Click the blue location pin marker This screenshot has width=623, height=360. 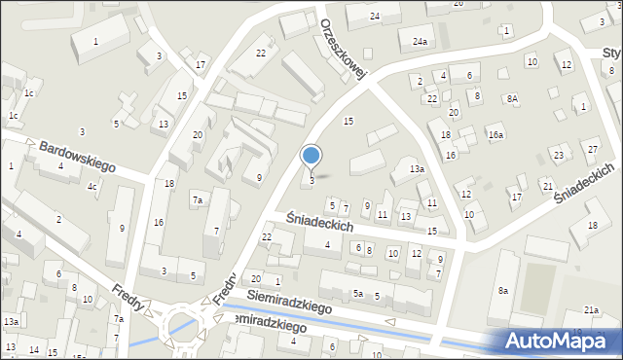(x=311, y=156)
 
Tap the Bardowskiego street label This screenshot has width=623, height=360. (x=77, y=157)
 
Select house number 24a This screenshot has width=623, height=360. (x=420, y=42)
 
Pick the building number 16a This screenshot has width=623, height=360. (x=495, y=135)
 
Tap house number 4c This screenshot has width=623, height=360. (x=92, y=186)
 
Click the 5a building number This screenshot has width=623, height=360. (x=358, y=294)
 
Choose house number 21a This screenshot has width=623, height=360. (x=591, y=309)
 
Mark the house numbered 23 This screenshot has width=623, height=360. (x=558, y=155)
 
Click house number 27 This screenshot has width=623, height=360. (x=593, y=148)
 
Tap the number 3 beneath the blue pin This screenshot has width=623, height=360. (x=311, y=180)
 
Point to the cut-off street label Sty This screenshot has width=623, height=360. (x=611, y=52)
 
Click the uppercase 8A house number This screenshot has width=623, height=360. (x=511, y=98)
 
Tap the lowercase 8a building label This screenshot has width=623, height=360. (x=503, y=290)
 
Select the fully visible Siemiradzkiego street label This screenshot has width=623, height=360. (x=290, y=301)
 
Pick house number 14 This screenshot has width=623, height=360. (x=34, y=348)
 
